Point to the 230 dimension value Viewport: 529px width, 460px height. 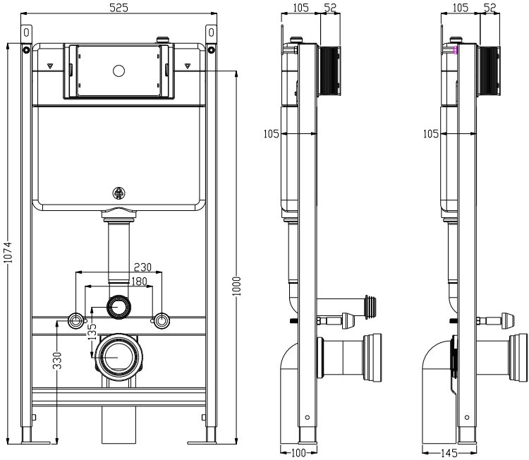(143, 267)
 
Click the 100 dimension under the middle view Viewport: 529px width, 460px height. (298, 453)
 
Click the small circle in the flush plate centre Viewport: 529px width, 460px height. (118, 71)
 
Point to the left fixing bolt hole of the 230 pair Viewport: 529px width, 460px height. (75, 321)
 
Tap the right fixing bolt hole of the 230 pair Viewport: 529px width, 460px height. (162, 321)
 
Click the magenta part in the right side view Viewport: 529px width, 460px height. (456, 50)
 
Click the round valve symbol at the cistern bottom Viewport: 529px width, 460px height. (118, 193)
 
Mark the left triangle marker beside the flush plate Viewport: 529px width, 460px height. (51, 66)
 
